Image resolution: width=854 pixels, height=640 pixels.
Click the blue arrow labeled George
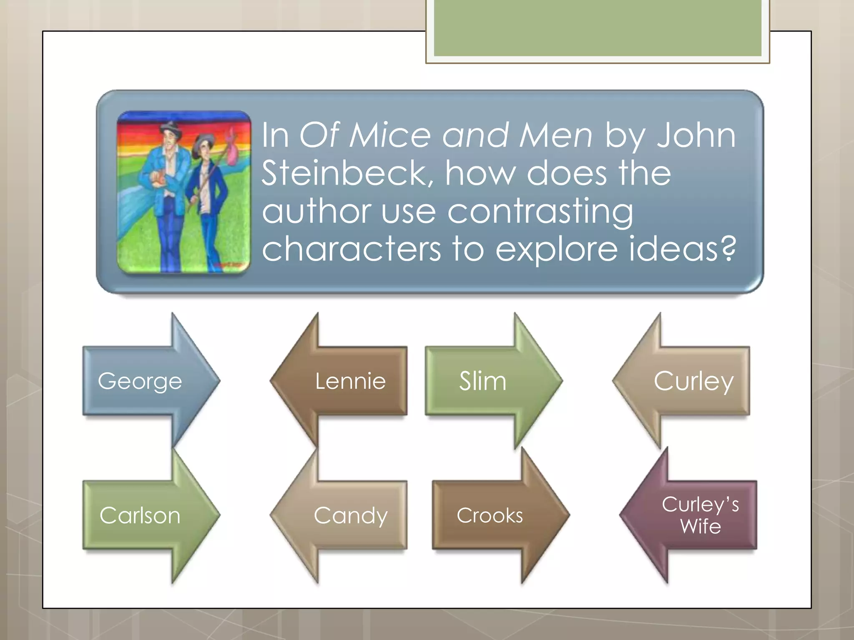point(142,381)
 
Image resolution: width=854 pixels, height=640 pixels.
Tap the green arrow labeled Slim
point(484,381)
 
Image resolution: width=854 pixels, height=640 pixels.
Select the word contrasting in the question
point(540,211)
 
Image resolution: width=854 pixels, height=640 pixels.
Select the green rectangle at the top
point(598,28)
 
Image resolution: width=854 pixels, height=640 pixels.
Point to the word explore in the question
point(556,249)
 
